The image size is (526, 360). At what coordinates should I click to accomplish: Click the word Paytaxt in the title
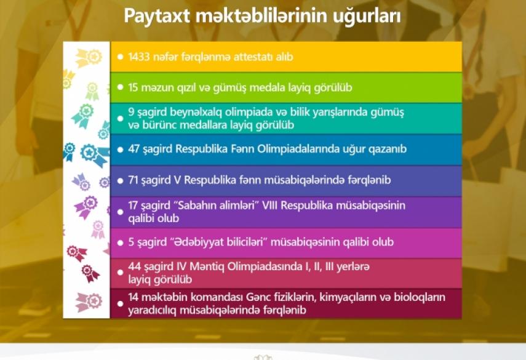(157, 17)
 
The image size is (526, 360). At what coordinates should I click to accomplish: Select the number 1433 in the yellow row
(138, 57)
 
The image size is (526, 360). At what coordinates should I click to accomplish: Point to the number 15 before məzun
(133, 87)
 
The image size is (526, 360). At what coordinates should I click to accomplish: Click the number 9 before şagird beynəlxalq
(131, 112)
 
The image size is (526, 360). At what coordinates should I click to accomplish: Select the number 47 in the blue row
(133, 149)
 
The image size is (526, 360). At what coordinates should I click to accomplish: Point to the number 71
(133, 180)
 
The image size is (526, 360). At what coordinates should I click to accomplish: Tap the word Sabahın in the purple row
(197, 206)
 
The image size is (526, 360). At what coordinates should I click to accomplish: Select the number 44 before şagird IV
(134, 266)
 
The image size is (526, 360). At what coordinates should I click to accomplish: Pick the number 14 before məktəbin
(133, 297)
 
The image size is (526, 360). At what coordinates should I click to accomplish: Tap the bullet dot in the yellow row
(121, 57)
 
